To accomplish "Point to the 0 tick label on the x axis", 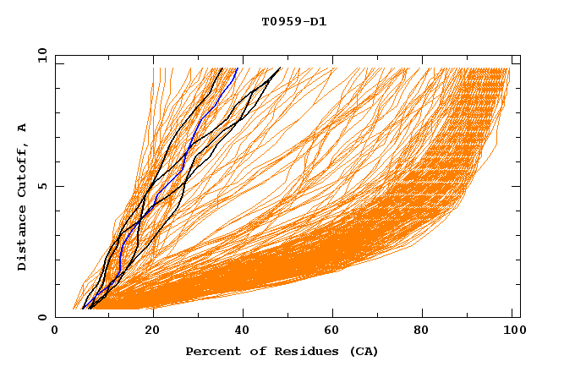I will [55, 332].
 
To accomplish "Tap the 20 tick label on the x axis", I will [153, 332].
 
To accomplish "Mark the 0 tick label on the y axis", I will [41, 318].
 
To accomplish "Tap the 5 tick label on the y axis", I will [41, 186].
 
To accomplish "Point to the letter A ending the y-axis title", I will [22, 128].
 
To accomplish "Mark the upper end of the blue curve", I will [238, 68].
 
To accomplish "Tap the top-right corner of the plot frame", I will [520, 55].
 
